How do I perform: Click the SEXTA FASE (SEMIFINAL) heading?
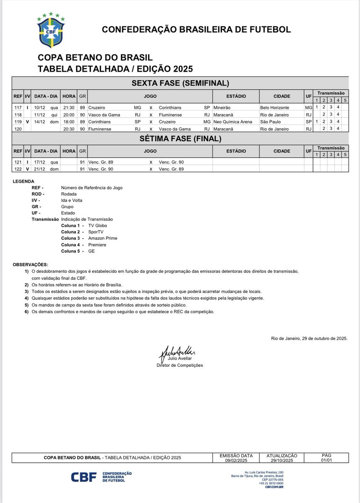(180, 83)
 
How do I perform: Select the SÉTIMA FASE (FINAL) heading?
(180, 138)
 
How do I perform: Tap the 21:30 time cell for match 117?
(69, 108)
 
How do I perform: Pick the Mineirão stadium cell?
(222, 108)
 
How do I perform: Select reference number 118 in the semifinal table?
(18, 114)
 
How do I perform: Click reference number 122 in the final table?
(18, 169)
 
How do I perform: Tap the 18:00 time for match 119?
(69, 122)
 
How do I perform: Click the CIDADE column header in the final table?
(282, 151)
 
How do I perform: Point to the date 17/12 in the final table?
(40, 162)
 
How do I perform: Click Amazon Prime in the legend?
(102, 238)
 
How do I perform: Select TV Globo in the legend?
(98, 226)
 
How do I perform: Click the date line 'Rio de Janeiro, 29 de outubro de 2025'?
(309, 338)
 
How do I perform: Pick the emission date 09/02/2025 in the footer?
(237, 460)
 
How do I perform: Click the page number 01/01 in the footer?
(326, 460)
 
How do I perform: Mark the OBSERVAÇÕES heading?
(30, 265)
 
